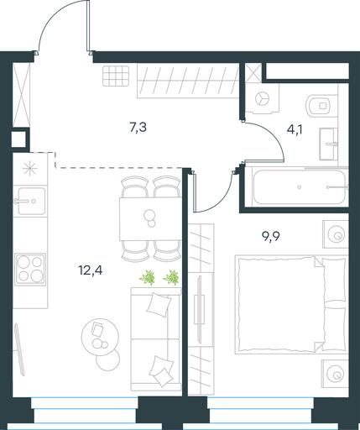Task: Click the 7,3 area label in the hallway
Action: pyautogui.click(x=138, y=128)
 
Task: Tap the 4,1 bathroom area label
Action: pyautogui.click(x=295, y=130)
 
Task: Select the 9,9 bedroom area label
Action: pyautogui.click(x=271, y=237)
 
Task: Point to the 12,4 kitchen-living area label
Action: pyautogui.click(x=91, y=270)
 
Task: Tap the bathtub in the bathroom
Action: pyautogui.click(x=300, y=186)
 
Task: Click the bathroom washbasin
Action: pyautogui.click(x=328, y=144)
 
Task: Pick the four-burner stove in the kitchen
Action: pyautogui.click(x=30, y=270)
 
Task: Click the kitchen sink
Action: pyautogui.click(x=30, y=201)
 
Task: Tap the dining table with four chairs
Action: pyautogui.click(x=150, y=218)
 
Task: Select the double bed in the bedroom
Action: pyautogui.click(x=292, y=304)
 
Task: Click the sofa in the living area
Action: pyautogui.click(x=156, y=339)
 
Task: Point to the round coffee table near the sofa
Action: pyautogui.click(x=100, y=337)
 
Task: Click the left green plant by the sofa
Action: pyautogui.click(x=148, y=277)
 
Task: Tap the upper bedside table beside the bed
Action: pyautogui.click(x=336, y=234)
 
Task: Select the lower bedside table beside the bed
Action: pyautogui.click(x=336, y=374)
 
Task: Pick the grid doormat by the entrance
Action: pyautogui.click(x=116, y=76)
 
